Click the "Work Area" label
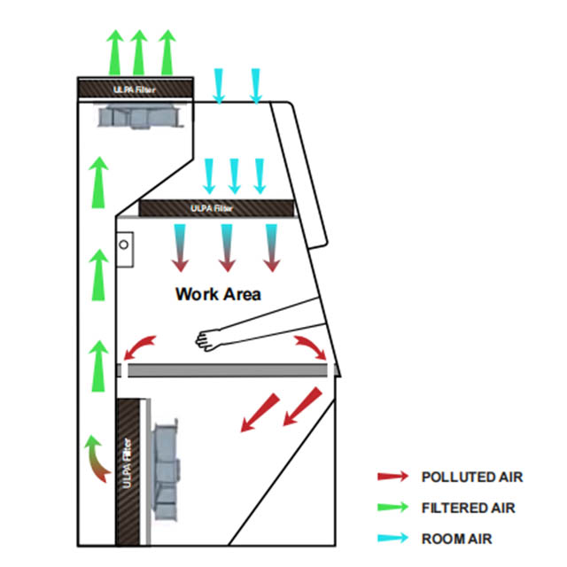218,294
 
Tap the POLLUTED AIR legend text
472,478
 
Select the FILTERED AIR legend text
468,508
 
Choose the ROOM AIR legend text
456,538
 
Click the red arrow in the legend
392,478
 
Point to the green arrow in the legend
392,508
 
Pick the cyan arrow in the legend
392,538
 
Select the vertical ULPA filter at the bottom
129,467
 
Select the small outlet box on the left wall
126,242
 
